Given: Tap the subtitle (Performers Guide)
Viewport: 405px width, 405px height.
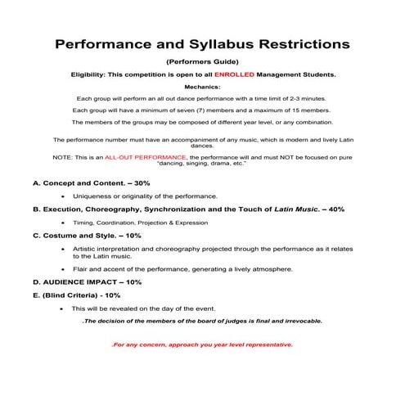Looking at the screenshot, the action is coord(202,61).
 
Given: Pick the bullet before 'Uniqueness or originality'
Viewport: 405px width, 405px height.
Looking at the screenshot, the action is coord(63,197).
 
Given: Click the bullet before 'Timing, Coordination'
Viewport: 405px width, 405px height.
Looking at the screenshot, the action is coord(63,222).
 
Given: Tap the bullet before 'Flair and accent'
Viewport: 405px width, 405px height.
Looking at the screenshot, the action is coord(63,268).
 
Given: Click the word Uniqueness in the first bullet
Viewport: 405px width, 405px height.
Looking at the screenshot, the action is coord(93,197).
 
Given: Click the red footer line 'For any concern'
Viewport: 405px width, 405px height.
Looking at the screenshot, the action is coord(202,344).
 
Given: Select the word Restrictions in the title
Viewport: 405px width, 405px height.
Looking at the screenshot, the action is coord(304,42).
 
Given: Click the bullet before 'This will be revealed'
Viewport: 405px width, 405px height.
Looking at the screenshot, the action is coord(63,308).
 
